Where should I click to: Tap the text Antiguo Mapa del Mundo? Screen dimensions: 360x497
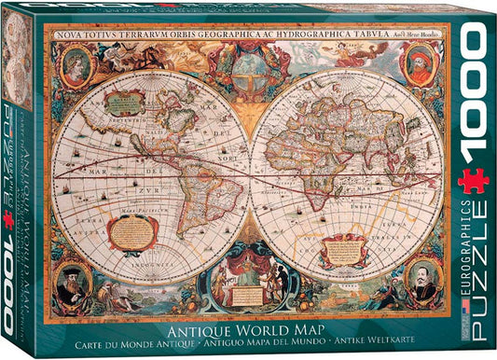257,340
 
